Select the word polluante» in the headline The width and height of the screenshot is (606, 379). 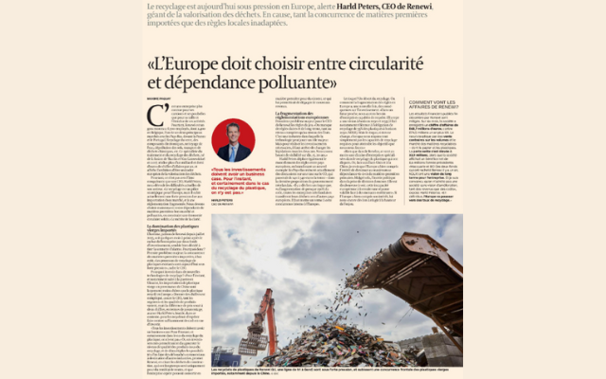[x=288, y=85]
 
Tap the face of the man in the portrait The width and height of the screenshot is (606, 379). [x=234, y=133]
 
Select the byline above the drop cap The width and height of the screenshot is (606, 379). [x=160, y=99]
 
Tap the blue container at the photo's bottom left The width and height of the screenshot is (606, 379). [x=223, y=357]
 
